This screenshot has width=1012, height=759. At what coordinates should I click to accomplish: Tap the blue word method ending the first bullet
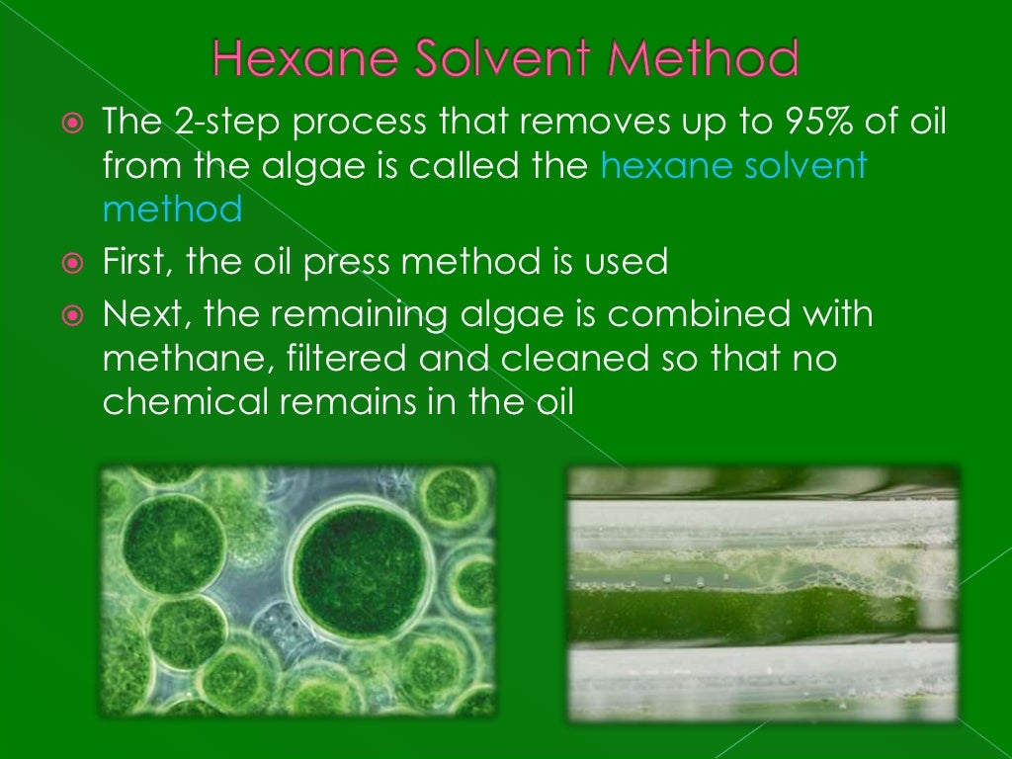click(x=172, y=209)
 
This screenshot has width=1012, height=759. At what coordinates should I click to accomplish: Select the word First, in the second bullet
click(x=141, y=263)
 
